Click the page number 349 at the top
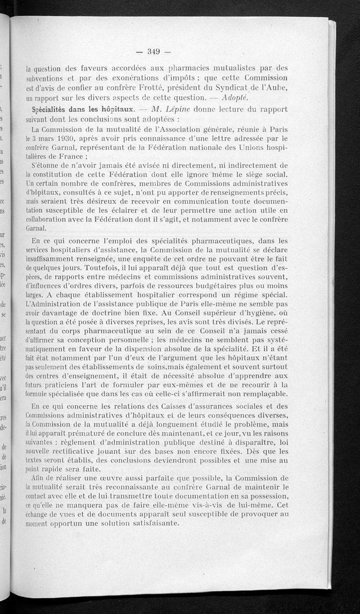pyautogui.click(x=154, y=51)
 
